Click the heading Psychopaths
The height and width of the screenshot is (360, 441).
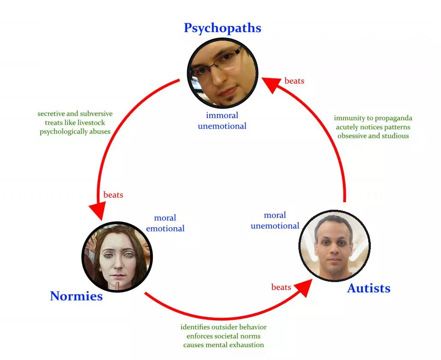click(223, 28)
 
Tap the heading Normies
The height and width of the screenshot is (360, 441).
click(76, 296)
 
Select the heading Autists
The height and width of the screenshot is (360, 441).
click(369, 288)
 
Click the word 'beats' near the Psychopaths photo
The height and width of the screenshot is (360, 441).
click(295, 81)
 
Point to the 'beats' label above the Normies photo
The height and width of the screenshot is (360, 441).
click(113, 195)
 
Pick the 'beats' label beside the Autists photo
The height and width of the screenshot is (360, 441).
click(281, 287)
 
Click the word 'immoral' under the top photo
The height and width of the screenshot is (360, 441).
click(222, 115)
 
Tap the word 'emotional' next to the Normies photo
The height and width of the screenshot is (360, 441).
click(165, 229)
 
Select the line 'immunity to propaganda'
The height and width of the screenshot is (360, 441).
click(373, 119)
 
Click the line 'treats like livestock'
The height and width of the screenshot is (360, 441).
click(75, 122)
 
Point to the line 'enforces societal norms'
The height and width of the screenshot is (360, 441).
click(223, 336)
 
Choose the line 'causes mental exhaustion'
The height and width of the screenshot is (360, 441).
click(223, 345)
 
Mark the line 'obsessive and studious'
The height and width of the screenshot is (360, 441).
click(373, 136)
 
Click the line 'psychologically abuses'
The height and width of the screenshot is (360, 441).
click(75, 132)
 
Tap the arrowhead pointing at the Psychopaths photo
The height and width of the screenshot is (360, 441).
click(271, 84)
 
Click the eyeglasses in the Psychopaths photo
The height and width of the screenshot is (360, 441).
click(217, 62)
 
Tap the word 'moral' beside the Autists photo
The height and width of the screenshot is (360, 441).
click(275, 215)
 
